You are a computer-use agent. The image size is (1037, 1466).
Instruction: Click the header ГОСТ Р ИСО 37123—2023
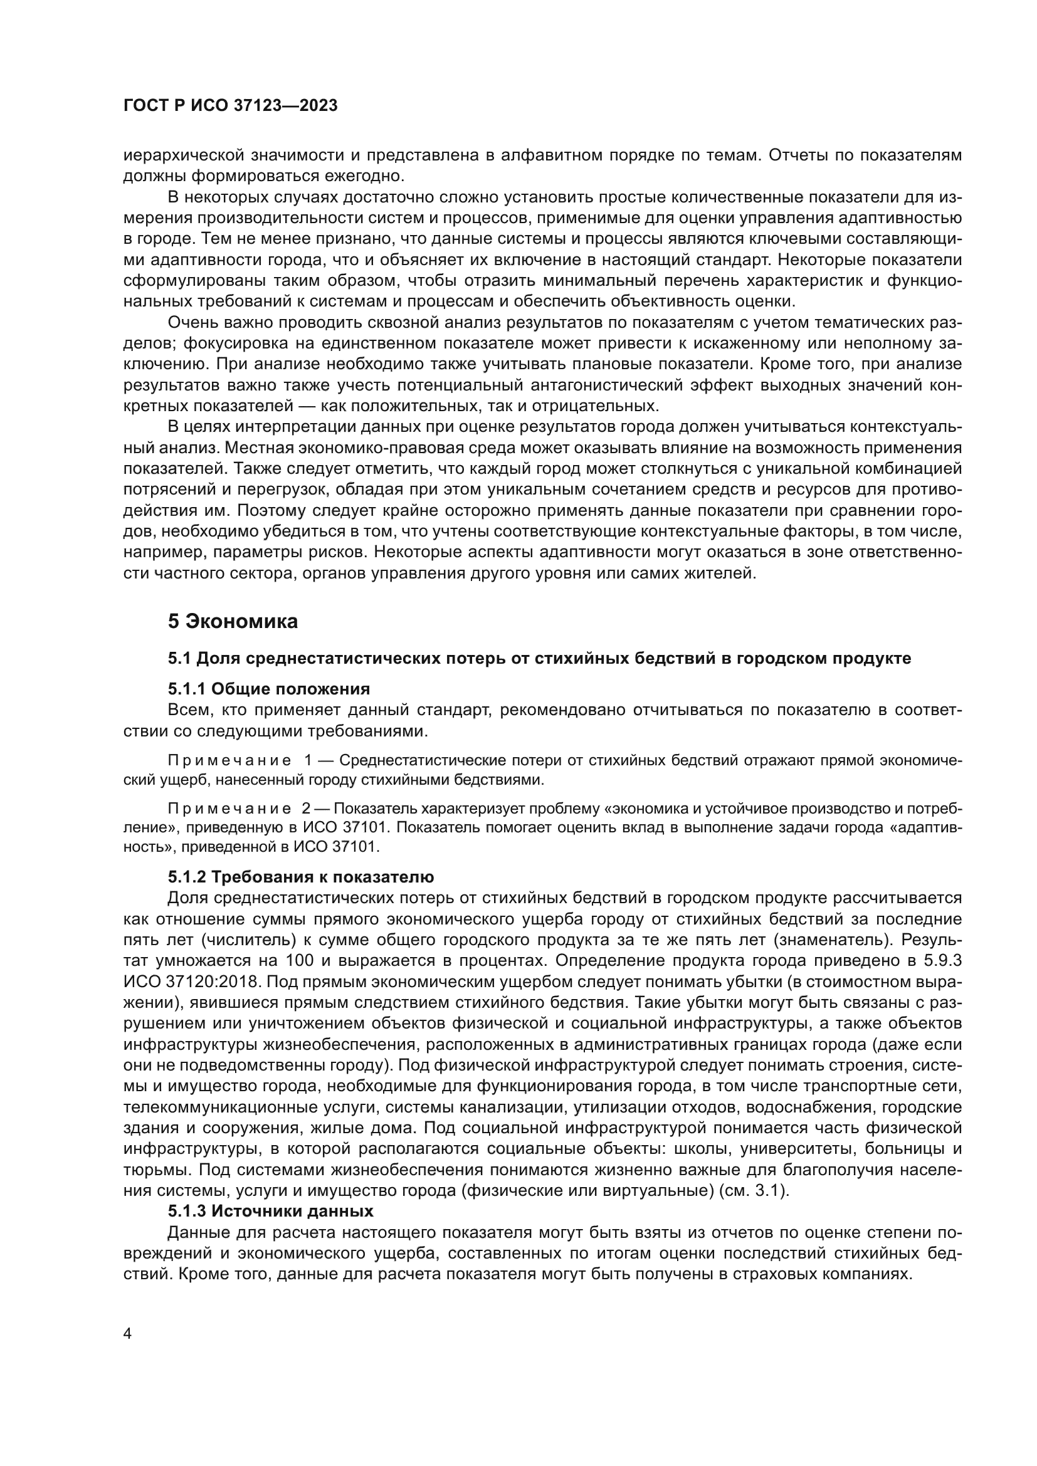click(230, 106)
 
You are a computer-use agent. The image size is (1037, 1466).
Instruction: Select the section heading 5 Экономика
click(233, 621)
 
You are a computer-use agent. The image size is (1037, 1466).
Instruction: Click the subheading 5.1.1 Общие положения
click(269, 689)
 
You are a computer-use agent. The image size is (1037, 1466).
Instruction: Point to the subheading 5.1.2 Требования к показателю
click(301, 877)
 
